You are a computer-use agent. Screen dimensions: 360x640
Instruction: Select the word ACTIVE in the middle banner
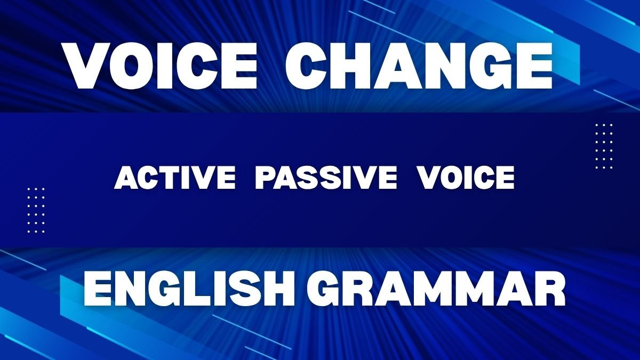[x=175, y=178]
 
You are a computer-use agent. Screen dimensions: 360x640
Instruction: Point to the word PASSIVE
[x=326, y=178]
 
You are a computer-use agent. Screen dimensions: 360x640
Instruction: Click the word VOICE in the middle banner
[x=466, y=178]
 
